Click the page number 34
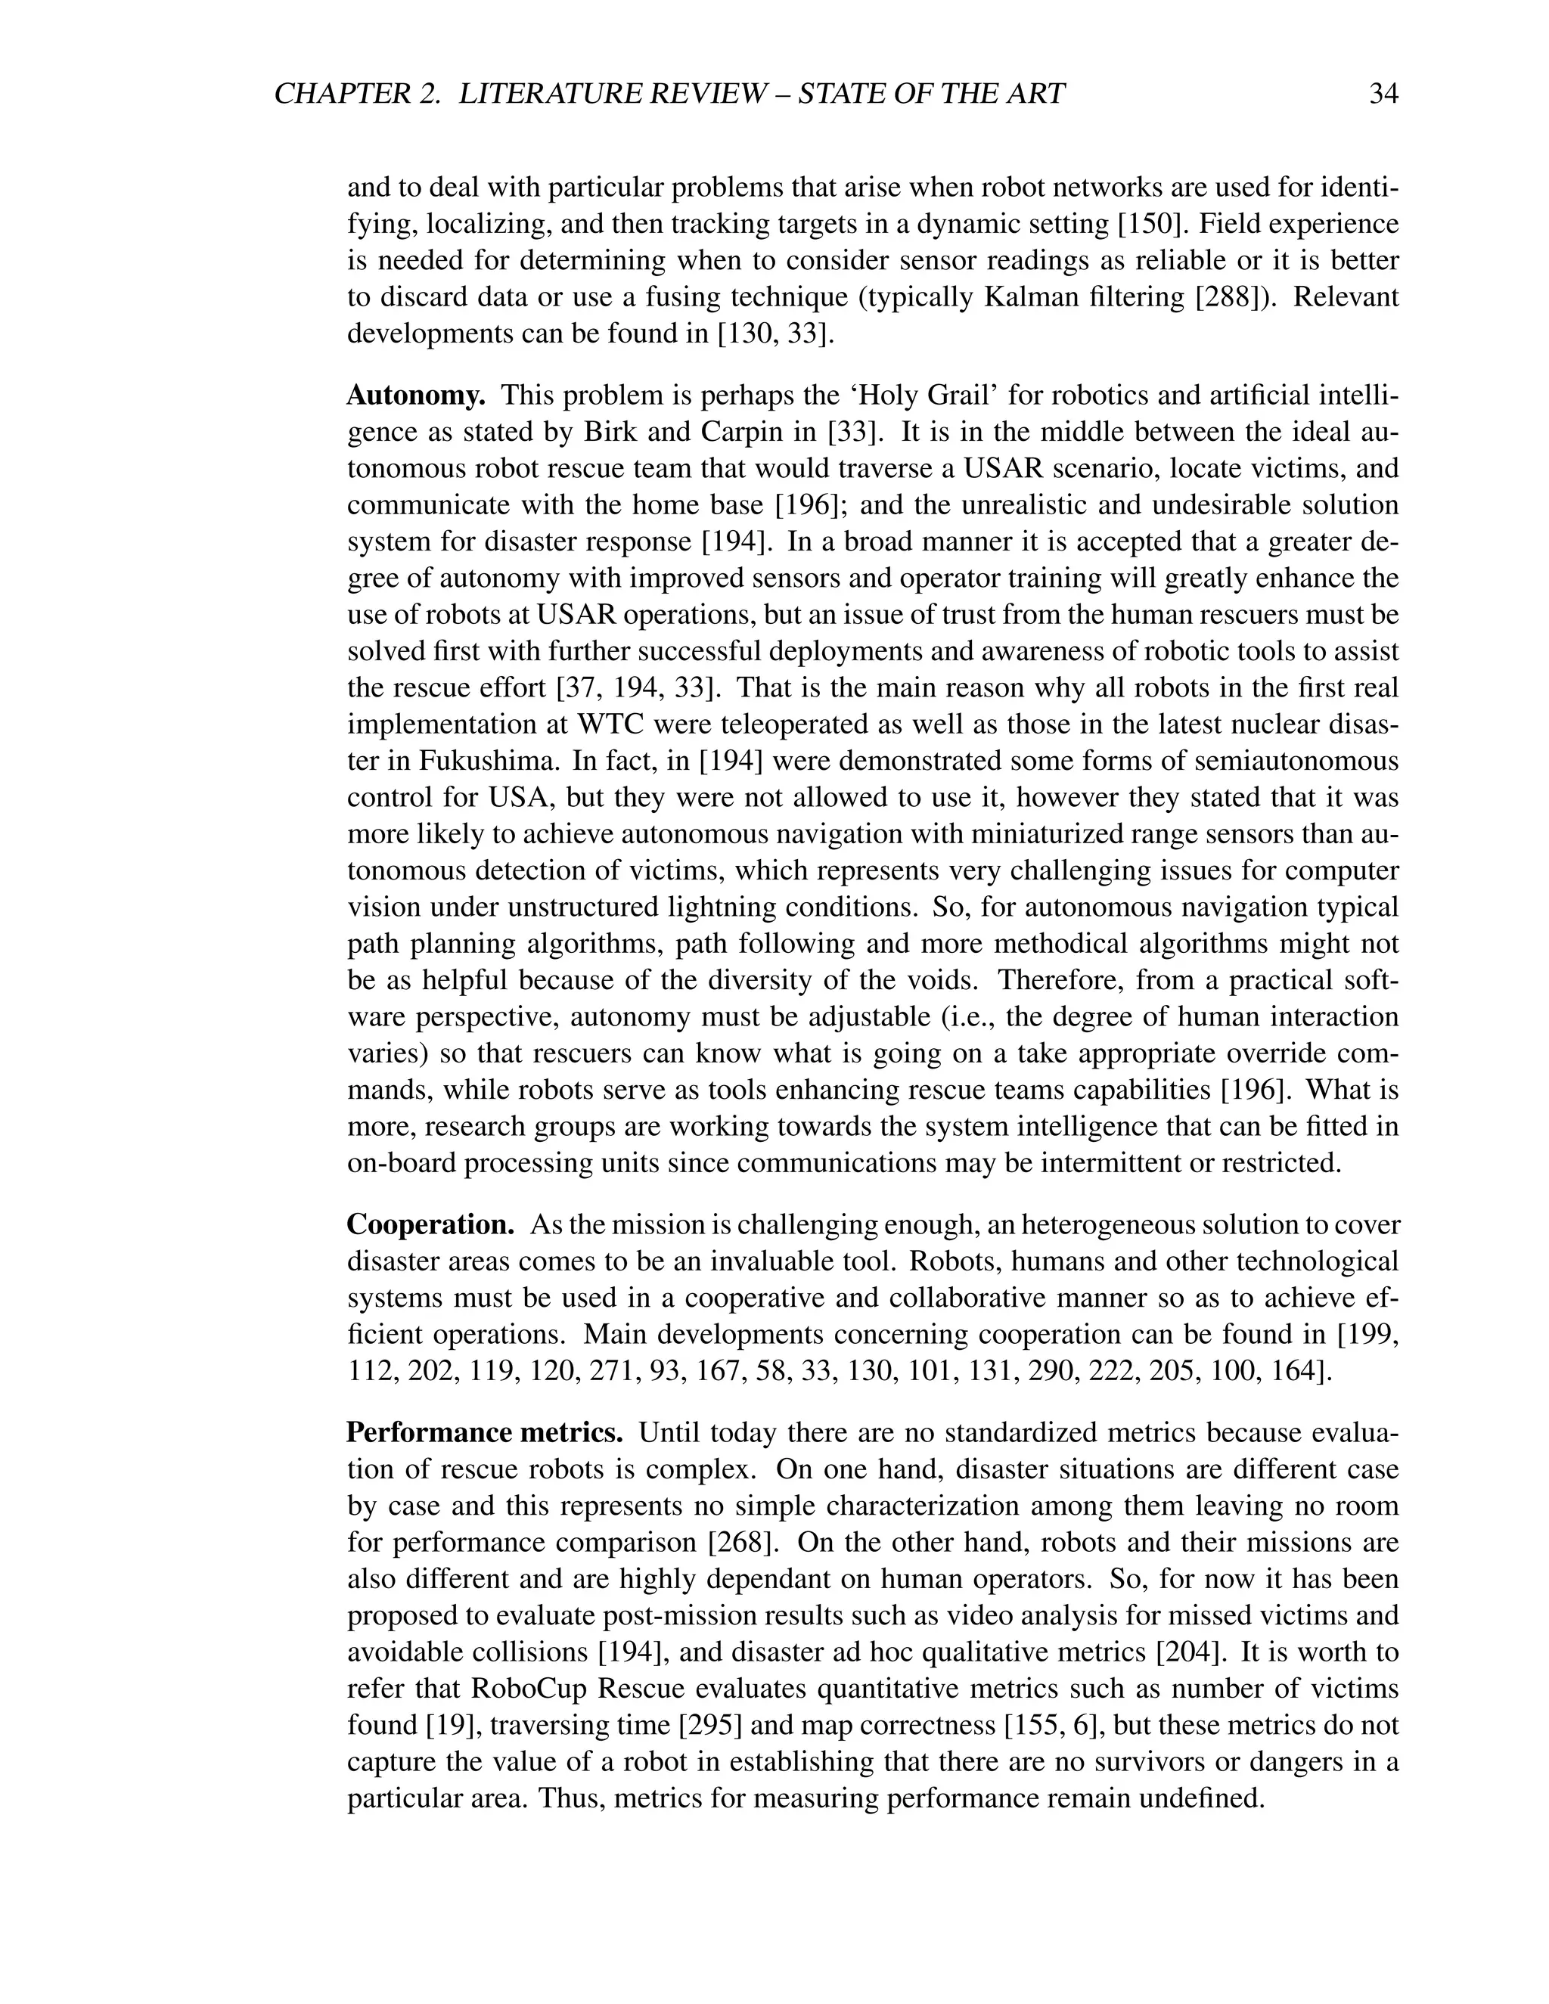1383,94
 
